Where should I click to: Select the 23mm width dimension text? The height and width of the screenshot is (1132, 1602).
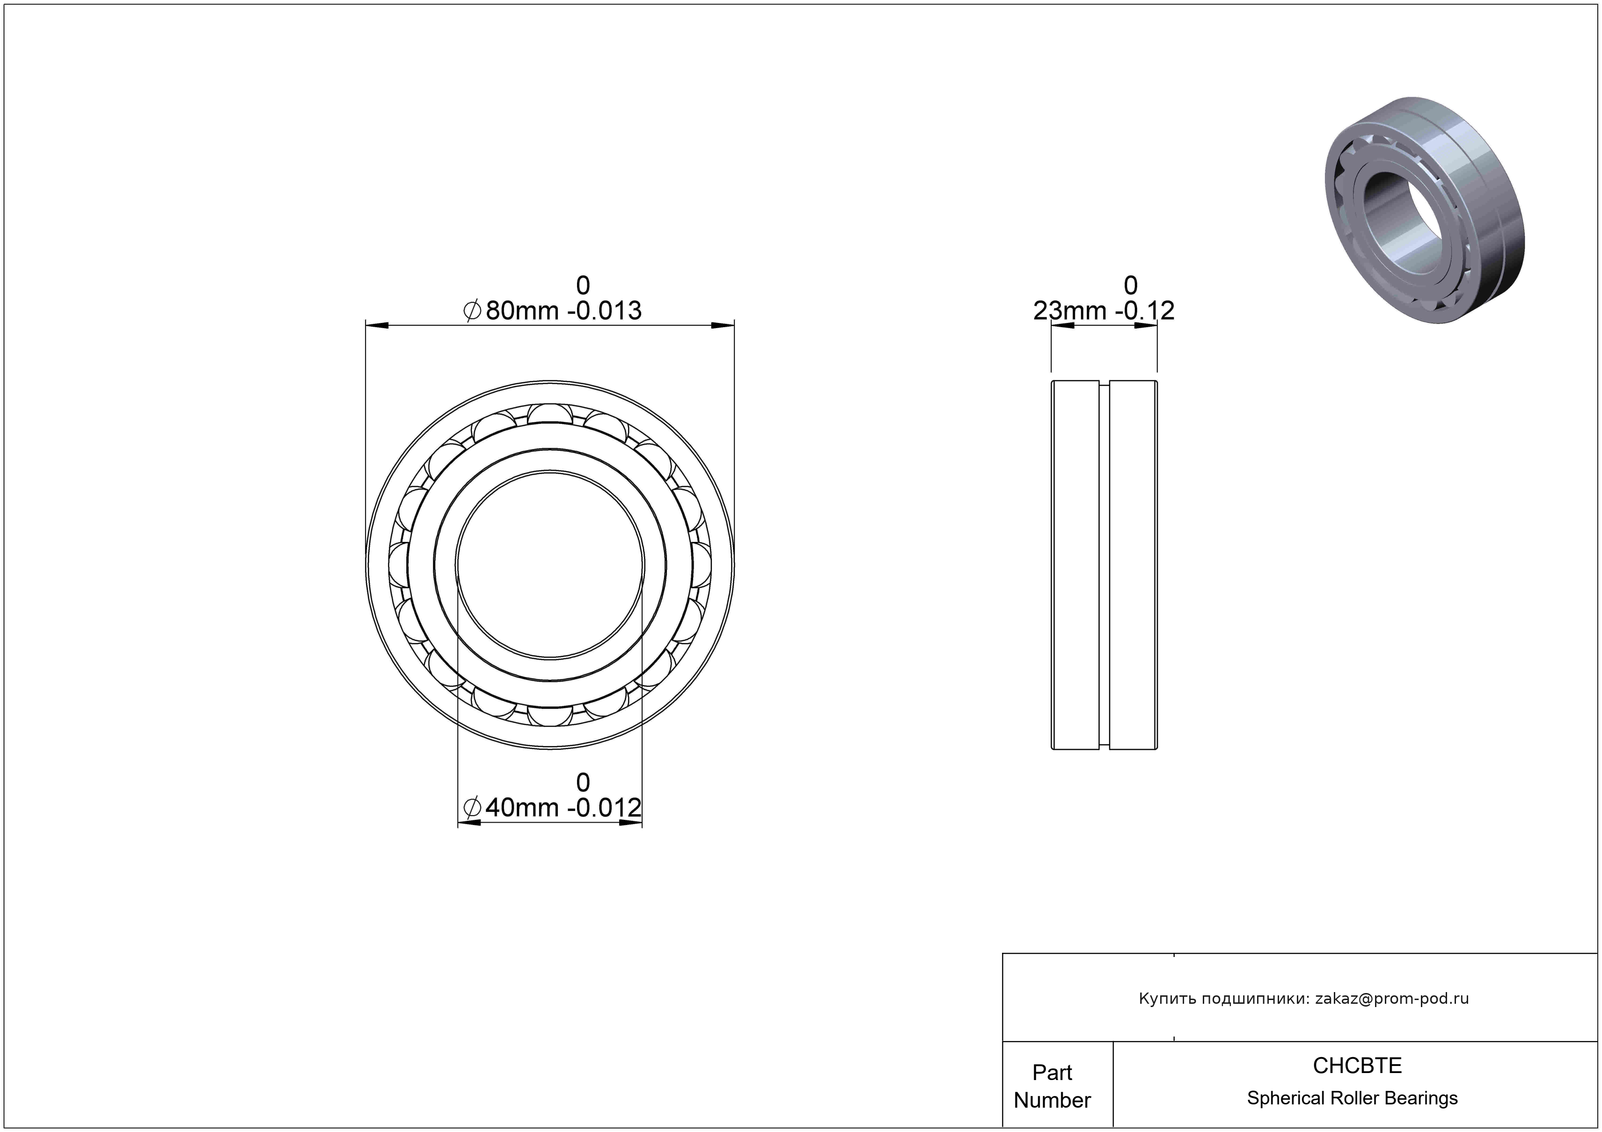point(1069,310)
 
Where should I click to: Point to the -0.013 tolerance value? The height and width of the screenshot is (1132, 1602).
point(604,310)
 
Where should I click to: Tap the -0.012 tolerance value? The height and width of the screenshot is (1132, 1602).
point(604,808)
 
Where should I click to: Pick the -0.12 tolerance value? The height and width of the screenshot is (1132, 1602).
point(1145,310)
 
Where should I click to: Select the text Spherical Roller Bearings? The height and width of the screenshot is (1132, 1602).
point(1352,1098)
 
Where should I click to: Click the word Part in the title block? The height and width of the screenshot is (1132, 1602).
point(1052,1072)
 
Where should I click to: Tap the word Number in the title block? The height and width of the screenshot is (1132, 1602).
point(1052,1100)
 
